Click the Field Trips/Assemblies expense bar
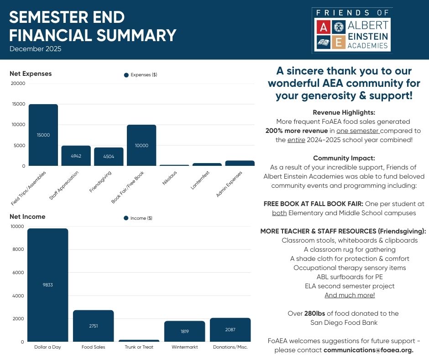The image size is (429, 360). tap(43, 135)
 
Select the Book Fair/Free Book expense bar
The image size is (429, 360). tap(141, 145)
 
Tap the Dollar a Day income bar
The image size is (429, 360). tap(47, 285)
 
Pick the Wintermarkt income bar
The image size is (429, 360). tap(184, 331)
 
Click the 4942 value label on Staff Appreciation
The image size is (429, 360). tap(76, 156)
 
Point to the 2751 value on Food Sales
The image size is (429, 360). tap(93, 326)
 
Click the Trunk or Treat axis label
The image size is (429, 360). tap(139, 347)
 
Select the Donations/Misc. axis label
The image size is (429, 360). tap(230, 347)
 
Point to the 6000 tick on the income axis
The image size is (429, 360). tap(16, 273)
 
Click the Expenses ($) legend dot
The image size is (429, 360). tap(126, 75)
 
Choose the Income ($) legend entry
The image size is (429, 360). tap(138, 218)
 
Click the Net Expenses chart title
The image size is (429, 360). tap(31, 74)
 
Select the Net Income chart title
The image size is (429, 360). tap(27, 217)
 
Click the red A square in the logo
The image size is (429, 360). tap(323, 27)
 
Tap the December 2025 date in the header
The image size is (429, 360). tap(35, 49)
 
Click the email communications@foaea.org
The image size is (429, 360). tap(368, 350)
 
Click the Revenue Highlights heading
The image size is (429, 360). tap(344, 112)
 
